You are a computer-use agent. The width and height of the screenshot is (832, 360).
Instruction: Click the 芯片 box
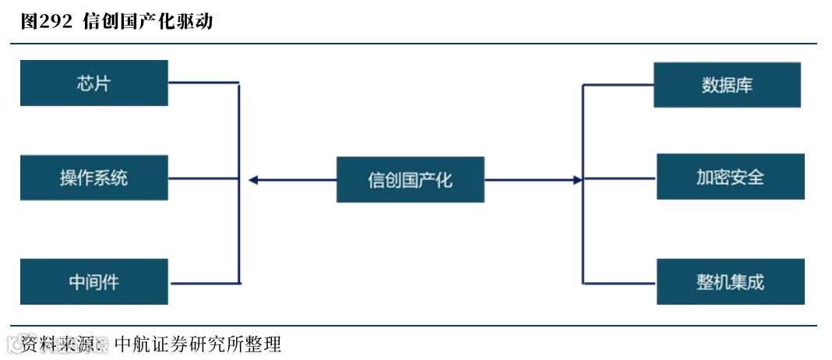[94, 83]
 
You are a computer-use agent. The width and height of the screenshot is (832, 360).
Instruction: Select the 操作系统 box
[94, 178]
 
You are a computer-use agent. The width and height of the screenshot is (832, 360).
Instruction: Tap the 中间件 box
[94, 281]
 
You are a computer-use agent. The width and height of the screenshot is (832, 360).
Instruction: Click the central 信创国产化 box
[410, 179]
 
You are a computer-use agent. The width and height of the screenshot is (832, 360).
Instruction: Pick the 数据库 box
[727, 85]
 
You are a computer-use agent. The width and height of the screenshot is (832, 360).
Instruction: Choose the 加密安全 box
[730, 177]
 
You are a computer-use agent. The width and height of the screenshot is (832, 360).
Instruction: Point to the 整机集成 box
[730, 281]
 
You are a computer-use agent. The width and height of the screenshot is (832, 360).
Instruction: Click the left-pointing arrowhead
[253, 180]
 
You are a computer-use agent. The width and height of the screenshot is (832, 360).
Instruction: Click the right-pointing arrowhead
[577, 180]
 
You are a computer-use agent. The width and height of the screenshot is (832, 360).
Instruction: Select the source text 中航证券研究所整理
[198, 344]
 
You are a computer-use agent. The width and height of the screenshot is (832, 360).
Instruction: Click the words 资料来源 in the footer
[56, 344]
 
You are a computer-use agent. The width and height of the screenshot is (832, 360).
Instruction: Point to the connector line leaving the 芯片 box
[203, 83]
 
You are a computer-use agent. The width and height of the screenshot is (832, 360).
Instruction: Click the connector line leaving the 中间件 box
[203, 281]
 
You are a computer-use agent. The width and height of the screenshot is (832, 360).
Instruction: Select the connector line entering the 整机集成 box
[619, 282]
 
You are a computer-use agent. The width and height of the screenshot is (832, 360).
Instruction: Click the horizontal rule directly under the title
[413, 44]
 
